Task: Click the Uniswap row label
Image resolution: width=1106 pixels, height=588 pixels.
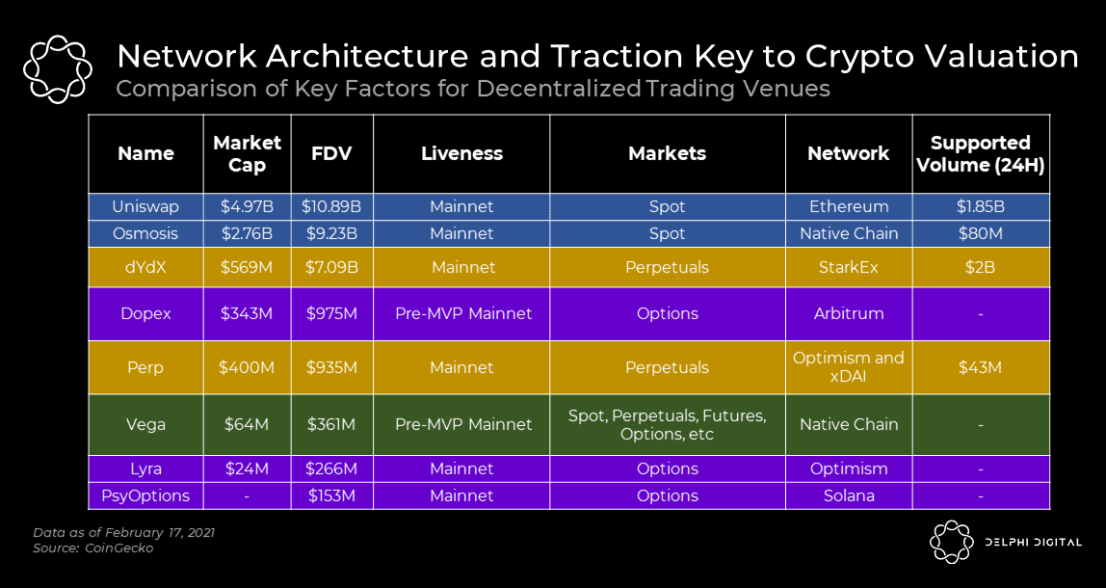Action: coord(146,207)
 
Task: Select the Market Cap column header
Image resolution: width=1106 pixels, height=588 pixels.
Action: coord(247,153)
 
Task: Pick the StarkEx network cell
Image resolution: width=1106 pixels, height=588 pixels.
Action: coord(848,267)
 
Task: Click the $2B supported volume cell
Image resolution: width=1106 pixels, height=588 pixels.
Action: coord(981,267)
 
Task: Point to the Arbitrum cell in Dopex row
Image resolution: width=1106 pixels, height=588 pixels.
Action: coord(848,314)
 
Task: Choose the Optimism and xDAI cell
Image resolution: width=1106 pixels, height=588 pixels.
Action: coord(848,367)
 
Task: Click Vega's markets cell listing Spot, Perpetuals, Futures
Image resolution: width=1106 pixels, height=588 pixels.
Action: coord(667,424)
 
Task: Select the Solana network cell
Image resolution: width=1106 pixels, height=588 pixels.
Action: coord(848,495)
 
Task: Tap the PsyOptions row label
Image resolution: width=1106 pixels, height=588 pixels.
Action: coord(146,495)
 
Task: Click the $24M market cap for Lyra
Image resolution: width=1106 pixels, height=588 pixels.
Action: coord(247,468)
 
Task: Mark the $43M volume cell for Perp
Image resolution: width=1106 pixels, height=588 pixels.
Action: coord(981,367)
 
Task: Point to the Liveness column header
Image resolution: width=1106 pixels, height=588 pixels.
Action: coord(461,153)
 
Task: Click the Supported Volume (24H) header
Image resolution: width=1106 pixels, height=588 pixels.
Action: coord(981,153)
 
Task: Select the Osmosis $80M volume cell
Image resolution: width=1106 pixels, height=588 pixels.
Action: coord(981,233)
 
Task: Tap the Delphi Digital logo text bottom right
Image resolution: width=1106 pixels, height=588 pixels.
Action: coord(1033,543)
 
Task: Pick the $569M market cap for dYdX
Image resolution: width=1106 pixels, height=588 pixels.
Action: coord(247,267)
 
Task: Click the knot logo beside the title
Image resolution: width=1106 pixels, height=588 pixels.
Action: coord(57,68)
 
